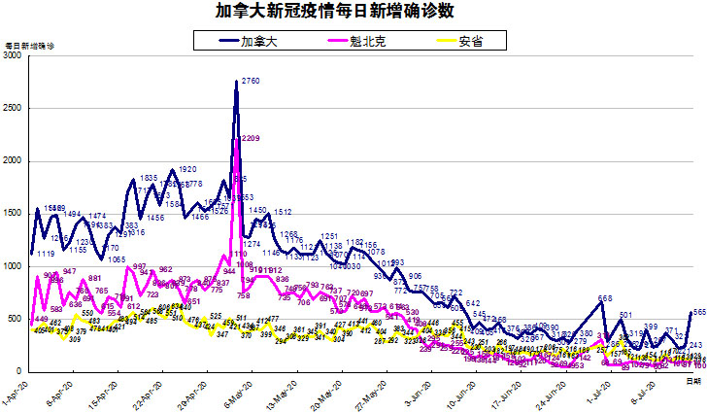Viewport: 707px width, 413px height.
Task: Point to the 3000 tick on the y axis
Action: tap(14, 56)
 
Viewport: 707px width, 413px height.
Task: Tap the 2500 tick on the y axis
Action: tap(14, 109)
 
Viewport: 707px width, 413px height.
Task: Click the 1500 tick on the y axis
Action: tap(14, 214)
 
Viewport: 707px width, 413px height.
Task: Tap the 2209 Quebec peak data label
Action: tap(250, 139)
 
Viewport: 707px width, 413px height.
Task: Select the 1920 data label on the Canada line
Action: tap(188, 169)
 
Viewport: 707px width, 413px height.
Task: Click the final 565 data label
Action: tap(697, 312)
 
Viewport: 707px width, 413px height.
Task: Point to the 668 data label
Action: tap(605, 298)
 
